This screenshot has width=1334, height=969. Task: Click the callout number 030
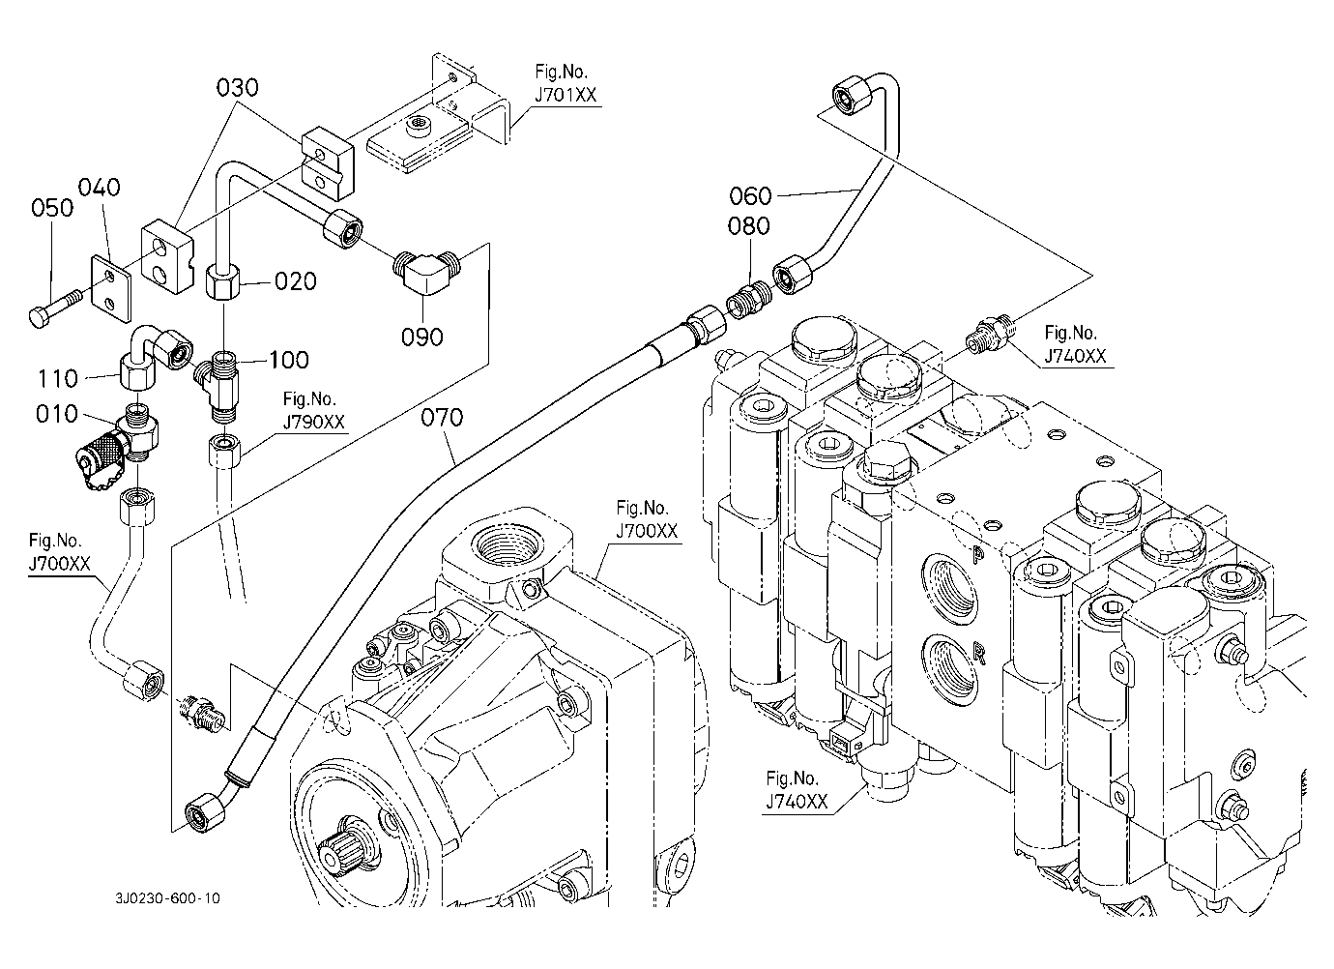237,88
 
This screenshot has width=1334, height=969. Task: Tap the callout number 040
100,188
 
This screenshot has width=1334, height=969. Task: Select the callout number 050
52,208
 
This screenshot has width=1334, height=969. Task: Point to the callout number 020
296,281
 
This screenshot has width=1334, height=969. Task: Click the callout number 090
422,337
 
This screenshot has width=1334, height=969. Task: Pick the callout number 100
289,360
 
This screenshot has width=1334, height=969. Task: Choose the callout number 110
57,374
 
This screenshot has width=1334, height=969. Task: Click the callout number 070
443,418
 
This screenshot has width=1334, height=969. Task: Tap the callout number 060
750,196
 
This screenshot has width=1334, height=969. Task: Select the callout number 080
750,226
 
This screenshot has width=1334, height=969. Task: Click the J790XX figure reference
309,421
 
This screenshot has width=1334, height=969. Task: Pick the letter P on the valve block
977,554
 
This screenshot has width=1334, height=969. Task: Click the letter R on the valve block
978,655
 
